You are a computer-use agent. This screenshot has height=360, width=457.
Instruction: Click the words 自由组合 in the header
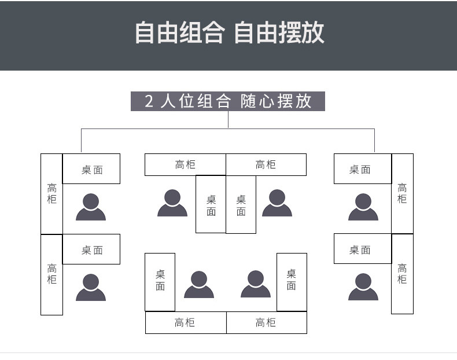[179, 33]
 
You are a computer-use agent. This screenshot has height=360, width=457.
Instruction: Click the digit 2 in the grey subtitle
[149, 101]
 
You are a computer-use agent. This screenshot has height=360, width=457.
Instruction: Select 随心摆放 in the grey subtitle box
[276, 101]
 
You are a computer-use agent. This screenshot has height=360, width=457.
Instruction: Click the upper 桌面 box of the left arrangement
[91, 169]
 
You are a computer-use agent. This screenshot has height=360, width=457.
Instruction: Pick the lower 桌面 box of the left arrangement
[91, 249]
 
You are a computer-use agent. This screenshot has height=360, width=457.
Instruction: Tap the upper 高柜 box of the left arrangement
[51, 193]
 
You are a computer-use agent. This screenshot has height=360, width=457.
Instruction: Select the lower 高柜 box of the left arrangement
[51, 274]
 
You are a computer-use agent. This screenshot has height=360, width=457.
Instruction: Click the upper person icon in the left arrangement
[91, 207]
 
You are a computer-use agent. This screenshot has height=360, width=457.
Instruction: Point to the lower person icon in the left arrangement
[91, 287]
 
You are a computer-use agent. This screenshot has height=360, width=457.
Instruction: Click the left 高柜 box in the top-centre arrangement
[185, 165]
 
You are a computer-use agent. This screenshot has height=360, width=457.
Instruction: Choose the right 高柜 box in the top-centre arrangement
[266, 165]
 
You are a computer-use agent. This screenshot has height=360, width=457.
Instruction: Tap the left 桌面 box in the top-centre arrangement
[211, 204]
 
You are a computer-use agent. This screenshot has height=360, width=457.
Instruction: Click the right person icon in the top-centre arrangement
[277, 203]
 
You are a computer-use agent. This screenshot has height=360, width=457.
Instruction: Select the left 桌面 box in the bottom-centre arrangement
[160, 281]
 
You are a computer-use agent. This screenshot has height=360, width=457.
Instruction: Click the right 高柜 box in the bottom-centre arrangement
[266, 322]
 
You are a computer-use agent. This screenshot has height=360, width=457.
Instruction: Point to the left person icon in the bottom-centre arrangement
[199, 284]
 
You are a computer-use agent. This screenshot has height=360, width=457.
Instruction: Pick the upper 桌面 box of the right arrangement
[363, 169]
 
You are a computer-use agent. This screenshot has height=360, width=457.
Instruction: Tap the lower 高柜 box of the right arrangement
[402, 274]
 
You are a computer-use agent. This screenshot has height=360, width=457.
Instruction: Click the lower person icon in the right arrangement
[363, 287]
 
